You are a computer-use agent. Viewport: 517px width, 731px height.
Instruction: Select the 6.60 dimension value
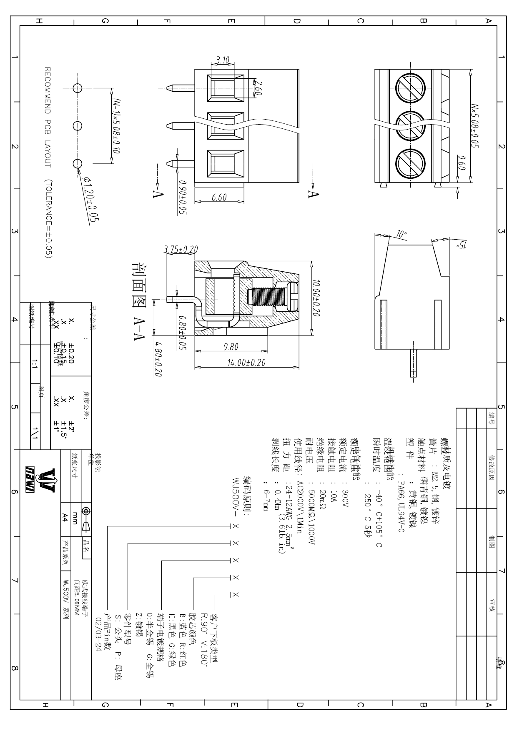(219, 198)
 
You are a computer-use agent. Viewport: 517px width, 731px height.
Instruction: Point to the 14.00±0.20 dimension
(246, 363)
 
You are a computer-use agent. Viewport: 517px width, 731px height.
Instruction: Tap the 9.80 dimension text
(231, 347)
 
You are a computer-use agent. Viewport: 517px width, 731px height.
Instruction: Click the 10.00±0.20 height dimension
(316, 298)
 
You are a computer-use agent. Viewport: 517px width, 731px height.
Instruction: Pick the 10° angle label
(401, 235)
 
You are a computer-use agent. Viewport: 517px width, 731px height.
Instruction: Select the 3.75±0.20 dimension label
(181, 249)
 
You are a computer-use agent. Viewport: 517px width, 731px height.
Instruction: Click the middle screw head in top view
(409, 126)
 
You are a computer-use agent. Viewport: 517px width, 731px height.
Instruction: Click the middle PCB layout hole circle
(78, 126)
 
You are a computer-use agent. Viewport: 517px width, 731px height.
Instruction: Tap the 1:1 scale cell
(34, 365)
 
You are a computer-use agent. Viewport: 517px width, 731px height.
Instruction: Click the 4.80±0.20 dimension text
(158, 359)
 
